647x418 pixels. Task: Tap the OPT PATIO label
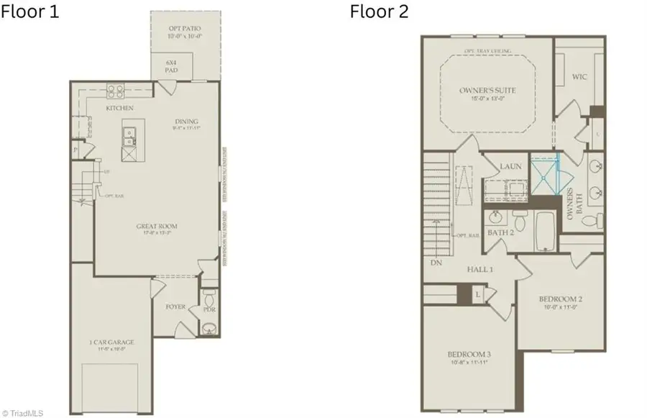pyautogui.click(x=186, y=29)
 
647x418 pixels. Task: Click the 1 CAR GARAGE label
pyautogui.click(x=112, y=342)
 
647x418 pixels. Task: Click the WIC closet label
pyautogui.click(x=580, y=76)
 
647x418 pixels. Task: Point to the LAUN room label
pyautogui.click(x=510, y=166)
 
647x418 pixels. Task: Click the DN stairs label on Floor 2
pyautogui.click(x=436, y=263)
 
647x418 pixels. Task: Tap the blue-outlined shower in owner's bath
pyautogui.click(x=543, y=173)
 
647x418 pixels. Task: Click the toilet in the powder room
pyautogui.click(x=208, y=299)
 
